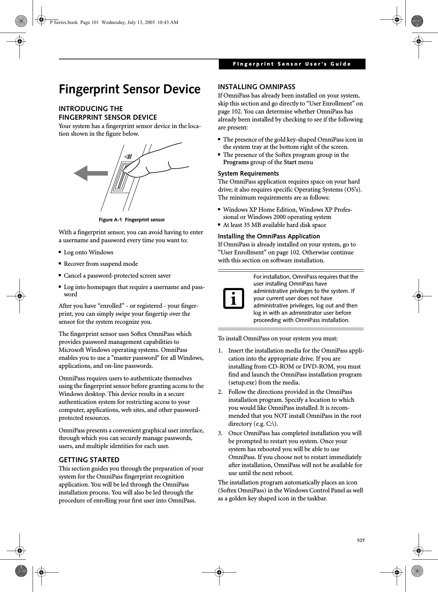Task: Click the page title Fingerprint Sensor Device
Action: [129, 90]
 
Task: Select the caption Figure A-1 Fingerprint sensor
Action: [132, 220]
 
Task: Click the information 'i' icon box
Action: [233, 298]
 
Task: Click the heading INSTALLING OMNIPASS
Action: [256, 87]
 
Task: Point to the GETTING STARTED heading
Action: [89, 460]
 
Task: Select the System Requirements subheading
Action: [248, 174]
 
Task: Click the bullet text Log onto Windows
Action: [88, 252]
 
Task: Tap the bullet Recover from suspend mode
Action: [101, 264]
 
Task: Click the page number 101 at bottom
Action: [361, 540]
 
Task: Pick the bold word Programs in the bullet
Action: [236, 162]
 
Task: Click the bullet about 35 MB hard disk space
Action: [274, 225]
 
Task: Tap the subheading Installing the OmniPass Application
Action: [269, 236]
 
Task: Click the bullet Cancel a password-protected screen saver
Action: [117, 276]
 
